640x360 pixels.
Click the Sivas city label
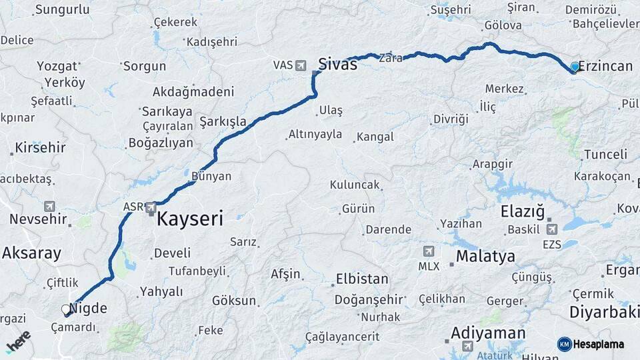(337, 65)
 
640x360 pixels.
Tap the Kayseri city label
(190, 219)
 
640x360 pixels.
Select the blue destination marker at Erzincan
(575, 67)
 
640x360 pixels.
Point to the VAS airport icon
(301, 65)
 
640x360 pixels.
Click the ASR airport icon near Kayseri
(151, 207)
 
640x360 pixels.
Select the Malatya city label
(485, 257)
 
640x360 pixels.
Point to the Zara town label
(391, 58)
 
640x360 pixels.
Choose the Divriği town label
(451, 119)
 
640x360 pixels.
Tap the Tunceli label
(605, 155)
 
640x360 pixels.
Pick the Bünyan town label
(211, 176)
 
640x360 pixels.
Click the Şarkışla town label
(223, 122)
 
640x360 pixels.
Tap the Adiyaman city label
(488, 333)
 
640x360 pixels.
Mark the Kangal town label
(375, 137)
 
